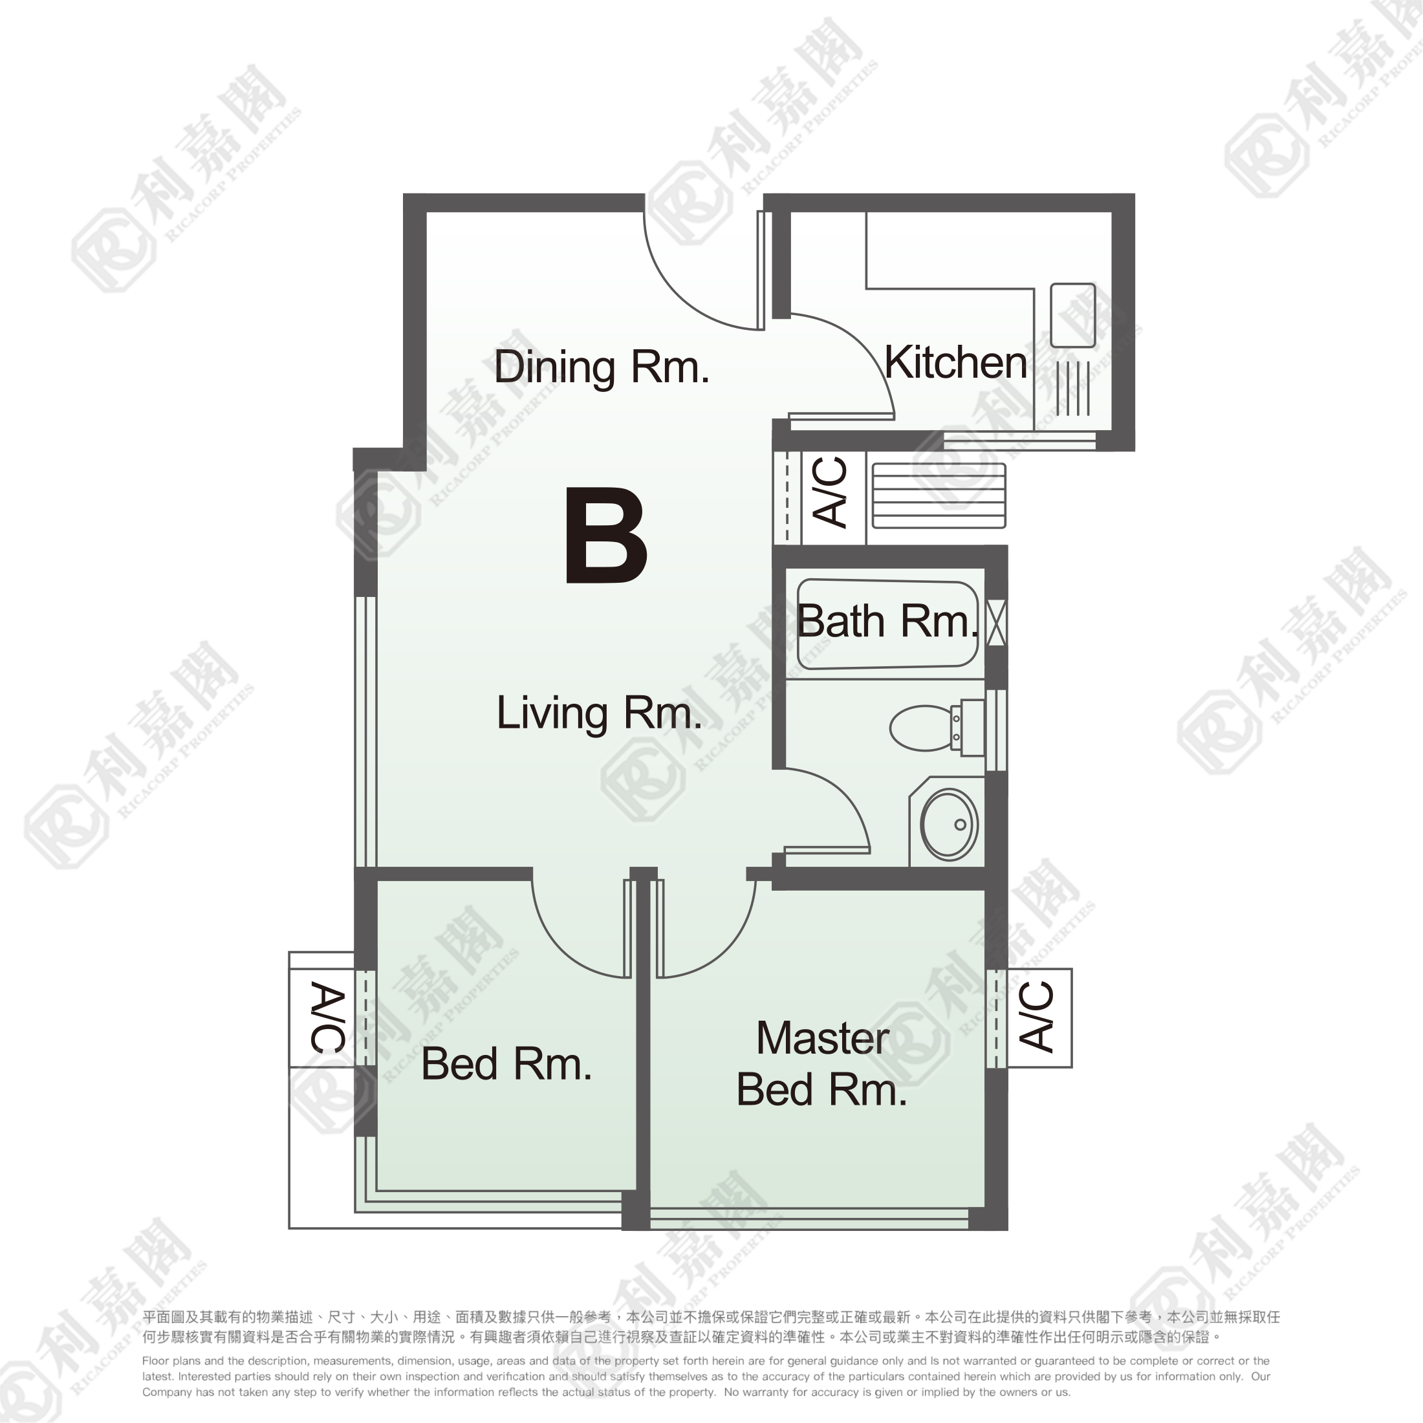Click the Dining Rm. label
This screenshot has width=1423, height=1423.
click(x=601, y=367)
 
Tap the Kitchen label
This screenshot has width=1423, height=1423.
click(x=955, y=362)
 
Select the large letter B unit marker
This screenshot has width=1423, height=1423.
click(x=606, y=536)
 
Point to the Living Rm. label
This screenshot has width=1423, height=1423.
click(x=600, y=713)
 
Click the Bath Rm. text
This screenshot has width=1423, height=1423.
click(x=887, y=622)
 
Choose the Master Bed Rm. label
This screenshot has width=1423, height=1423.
click(x=821, y=1063)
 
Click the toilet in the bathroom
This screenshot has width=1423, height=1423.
click(x=937, y=728)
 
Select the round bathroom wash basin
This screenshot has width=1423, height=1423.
click(x=949, y=824)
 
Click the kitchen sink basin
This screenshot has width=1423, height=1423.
click(x=1072, y=315)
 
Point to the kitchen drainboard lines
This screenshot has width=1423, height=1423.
click(x=1072, y=388)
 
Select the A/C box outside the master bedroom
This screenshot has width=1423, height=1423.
click(x=1039, y=1017)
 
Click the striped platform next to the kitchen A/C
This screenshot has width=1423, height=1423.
click(x=939, y=495)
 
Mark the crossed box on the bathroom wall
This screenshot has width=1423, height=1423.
click(x=996, y=623)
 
